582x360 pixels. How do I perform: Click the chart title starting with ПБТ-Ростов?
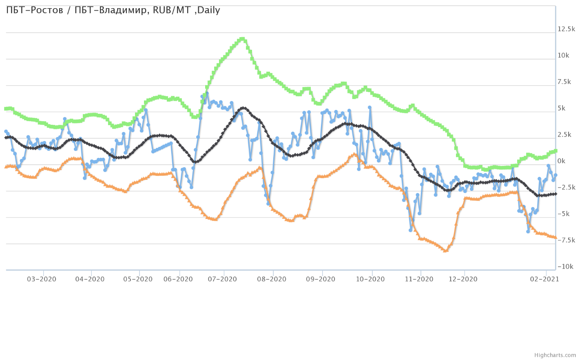113,10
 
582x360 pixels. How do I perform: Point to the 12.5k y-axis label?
566,29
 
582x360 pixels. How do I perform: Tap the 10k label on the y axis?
563,55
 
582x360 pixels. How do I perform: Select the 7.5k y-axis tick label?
564,82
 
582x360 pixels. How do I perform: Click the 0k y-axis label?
561,161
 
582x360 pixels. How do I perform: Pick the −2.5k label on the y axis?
566,188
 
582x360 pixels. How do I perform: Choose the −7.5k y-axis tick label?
566,240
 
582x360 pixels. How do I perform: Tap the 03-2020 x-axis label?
42,279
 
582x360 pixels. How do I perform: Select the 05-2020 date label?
138,279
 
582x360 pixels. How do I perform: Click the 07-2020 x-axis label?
222,279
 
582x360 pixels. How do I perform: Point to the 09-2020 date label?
321,279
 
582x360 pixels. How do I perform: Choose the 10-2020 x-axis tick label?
370,279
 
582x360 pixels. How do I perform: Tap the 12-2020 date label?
463,279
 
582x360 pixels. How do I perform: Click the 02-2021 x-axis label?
544,279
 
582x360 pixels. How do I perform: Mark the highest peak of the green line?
242,39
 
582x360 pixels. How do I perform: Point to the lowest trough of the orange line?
445,250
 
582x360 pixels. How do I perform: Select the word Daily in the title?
208,10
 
